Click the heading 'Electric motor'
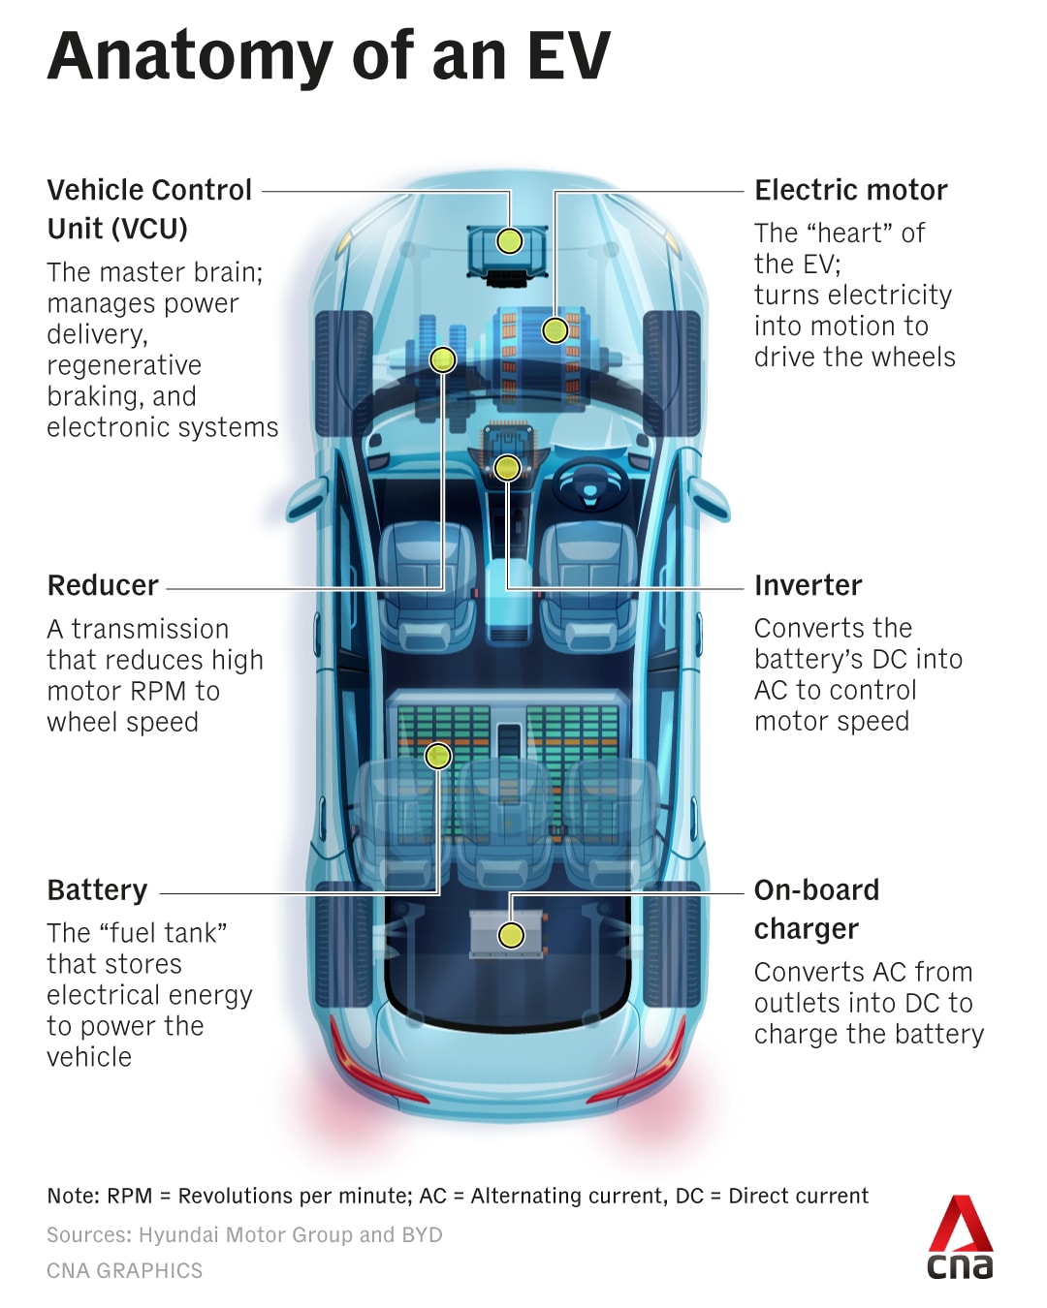[x=850, y=190]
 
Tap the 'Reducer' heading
[x=103, y=585]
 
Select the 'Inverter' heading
[x=808, y=585]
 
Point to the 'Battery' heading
[x=97, y=889]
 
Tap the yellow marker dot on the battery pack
[x=438, y=756]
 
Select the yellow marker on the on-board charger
[x=511, y=935]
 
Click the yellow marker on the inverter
[x=507, y=469]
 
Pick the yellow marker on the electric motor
[x=555, y=330]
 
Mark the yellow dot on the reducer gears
[x=442, y=360]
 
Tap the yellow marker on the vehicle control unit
[x=510, y=240]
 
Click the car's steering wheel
[x=589, y=481]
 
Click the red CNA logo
[x=960, y=1237]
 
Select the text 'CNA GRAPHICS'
[x=125, y=1271]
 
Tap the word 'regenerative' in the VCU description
[x=124, y=365]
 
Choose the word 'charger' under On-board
[x=806, y=929]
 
